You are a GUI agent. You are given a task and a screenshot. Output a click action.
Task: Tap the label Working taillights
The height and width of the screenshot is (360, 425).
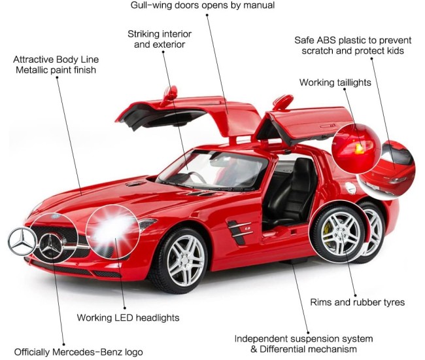[335, 82]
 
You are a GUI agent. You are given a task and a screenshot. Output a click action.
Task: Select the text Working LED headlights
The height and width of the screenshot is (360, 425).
[128, 317]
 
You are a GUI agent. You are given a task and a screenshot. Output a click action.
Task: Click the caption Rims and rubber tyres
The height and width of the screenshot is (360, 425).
[357, 302]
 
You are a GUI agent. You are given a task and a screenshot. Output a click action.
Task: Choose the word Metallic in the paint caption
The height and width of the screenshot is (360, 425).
[32, 70]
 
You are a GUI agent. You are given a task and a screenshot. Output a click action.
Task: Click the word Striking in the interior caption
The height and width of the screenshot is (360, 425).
[143, 34]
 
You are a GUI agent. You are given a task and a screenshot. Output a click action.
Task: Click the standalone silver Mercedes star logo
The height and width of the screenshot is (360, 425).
[22, 242]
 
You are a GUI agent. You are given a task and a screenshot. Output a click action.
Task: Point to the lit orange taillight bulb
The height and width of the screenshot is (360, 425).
[360, 149]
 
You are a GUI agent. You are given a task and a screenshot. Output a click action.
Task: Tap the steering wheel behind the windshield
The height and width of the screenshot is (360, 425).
[195, 177]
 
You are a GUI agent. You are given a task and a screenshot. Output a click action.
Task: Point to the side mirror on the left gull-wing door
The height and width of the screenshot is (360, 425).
[169, 96]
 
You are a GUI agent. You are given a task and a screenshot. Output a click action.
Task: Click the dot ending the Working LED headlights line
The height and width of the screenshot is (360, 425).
[125, 308]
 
